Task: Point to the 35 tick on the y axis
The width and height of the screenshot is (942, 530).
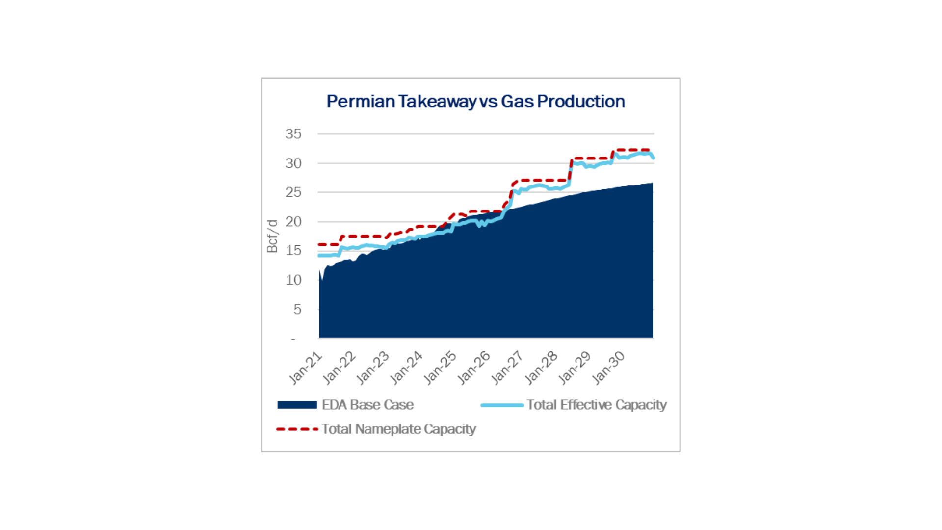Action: pos(293,133)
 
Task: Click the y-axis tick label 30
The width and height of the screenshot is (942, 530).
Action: pos(293,163)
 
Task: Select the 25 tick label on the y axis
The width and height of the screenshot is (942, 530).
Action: pos(293,192)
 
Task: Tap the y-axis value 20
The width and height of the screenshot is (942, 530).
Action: pos(293,221)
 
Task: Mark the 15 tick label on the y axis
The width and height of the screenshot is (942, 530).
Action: pos(293,251)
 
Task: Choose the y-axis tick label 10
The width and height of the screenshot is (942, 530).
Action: pos(293,280)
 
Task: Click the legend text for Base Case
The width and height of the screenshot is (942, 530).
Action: pos(368,405)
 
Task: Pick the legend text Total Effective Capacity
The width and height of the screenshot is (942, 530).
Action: pos(598,405)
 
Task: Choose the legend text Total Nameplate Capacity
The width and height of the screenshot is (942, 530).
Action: pos(399,429)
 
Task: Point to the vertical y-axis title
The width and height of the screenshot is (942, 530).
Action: pos(272,236)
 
